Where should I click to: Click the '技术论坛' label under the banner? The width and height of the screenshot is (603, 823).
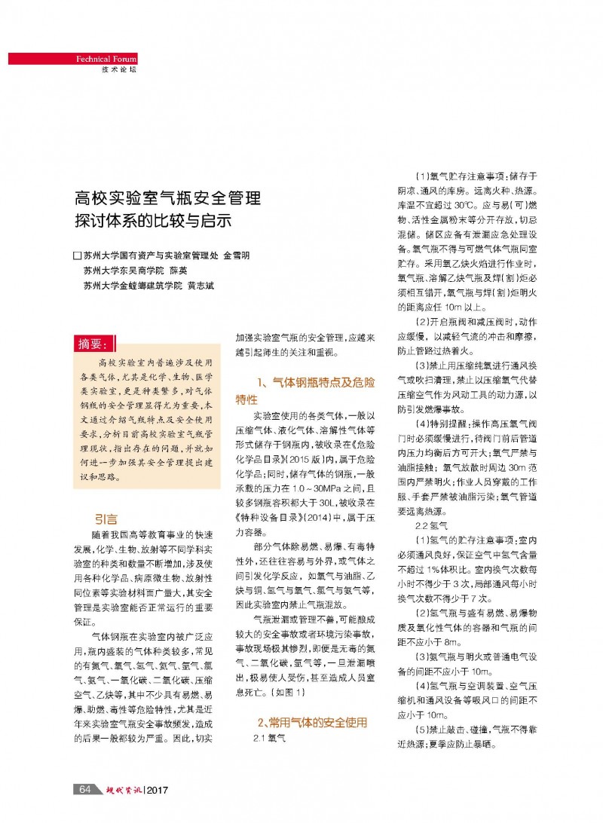coord(119,69)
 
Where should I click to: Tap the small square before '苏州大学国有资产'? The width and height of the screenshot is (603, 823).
coord(77,255)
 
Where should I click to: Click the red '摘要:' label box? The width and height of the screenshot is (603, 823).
coord(95,344)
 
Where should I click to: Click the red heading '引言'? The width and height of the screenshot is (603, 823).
coord(105,519)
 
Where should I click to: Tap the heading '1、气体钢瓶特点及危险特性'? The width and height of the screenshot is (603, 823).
coord(305,390)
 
